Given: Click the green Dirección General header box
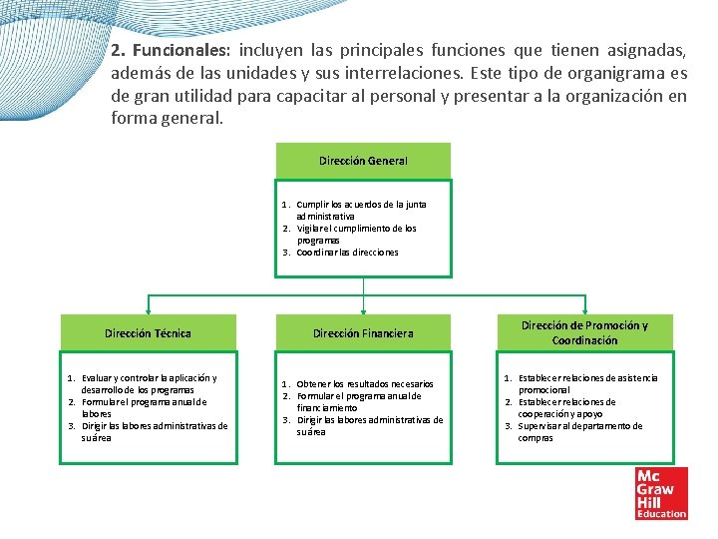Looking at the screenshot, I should pos(363,161).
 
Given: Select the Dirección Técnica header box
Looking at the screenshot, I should pos(149,332).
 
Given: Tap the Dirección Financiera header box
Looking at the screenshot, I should pos(363,333).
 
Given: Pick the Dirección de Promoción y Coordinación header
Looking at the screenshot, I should pos(584,332).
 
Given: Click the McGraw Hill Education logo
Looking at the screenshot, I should pos(661,493).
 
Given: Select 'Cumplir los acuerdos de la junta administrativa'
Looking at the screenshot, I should pos(360,210).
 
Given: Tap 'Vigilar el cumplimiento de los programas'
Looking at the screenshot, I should pos(356,234).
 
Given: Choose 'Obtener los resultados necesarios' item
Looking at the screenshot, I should pos(364,384).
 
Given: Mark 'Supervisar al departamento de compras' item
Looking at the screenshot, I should pos(579,432).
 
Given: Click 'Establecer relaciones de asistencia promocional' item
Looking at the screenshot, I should pos(586,384).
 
